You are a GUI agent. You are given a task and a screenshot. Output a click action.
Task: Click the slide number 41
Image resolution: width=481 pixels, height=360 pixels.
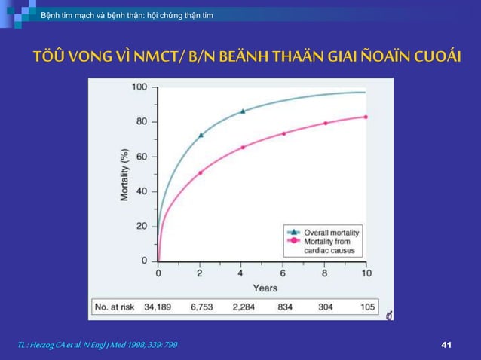point(445,344)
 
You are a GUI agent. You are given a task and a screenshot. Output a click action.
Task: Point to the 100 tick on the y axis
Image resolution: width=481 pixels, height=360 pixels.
point(139,87)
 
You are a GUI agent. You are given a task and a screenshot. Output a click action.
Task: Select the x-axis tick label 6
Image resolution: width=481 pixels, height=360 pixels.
point(283,273)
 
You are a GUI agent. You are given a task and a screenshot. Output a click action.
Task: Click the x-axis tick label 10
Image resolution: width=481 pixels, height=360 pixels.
point(366,273)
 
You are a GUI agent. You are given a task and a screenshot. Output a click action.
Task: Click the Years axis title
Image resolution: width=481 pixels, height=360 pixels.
point(264,288)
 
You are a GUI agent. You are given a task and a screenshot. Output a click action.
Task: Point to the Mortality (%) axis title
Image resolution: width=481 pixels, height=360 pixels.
point(124,174)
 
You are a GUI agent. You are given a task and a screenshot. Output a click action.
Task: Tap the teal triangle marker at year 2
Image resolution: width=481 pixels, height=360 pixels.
point(201,136)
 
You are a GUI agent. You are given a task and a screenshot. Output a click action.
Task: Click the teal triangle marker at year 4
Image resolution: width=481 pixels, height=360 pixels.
point(243,111)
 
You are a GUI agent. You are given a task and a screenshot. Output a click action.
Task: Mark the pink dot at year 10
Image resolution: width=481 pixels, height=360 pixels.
point(366,117)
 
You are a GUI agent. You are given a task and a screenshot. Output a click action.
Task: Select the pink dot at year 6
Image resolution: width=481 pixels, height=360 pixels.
point(283,133)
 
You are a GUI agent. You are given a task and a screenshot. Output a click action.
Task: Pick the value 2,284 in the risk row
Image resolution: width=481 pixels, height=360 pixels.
point(244,307)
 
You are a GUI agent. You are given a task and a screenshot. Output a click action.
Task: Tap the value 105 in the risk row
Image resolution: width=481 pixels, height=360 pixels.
point(367,307)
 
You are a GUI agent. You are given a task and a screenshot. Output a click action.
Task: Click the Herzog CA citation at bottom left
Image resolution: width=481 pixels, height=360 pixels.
point(97,344)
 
